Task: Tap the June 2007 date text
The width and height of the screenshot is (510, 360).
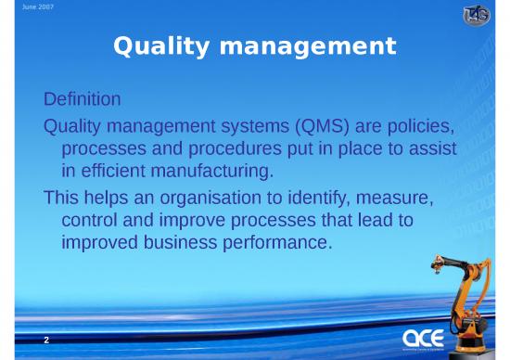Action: coord(21,6)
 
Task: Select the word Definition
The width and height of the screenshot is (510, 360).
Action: coord(83,97)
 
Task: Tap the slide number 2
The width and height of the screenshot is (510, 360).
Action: coord(46,341)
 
